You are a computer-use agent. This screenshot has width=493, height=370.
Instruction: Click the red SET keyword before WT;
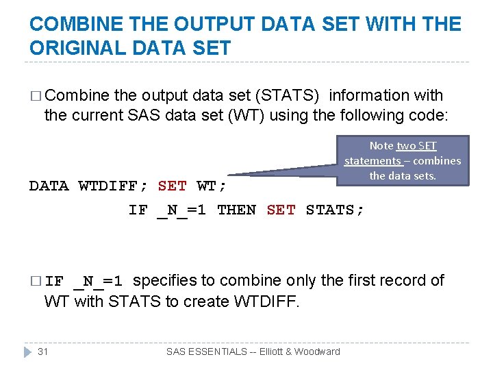point(172,186)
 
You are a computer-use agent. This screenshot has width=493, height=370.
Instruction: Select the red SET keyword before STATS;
point(281,210)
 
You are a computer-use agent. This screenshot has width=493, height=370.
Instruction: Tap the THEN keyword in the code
point(236,210)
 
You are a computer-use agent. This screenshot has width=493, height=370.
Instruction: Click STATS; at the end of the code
point(335,210)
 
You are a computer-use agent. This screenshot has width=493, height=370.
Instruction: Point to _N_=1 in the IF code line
point(181,210)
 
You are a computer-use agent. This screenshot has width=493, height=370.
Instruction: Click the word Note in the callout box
point(381,145)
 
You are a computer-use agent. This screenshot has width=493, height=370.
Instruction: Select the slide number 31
point(42,351)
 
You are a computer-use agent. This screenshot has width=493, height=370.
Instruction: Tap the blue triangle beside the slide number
point(28,351)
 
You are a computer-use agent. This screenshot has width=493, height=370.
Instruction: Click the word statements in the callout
point(372,160)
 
